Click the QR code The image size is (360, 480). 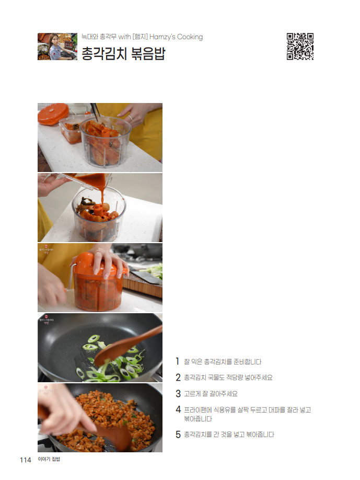pyautogui.click(x=300, y=46)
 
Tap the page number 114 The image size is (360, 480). pyautogui.click(x=26, y=460)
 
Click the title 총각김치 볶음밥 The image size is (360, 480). pyautogui.click(x=123, y=53)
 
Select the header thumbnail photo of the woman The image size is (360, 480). pyautogui.click(x=57, y=47)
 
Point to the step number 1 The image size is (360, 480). pyautogui.click(x=178, y=361)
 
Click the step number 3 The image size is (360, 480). pyautogui.click(x=178, y=393)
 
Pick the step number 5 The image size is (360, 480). pyautogui.click(x=178, y=434)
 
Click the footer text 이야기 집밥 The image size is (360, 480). pyautogui.click(x=49, y=459)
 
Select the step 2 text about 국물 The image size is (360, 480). pyautogui.click(x=228, y=378)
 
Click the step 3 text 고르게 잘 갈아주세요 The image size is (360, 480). pyautogui.click(x=211, y=394)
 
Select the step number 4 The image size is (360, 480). pyautogui.click(x=178, y=409)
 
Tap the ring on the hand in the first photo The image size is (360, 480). pyautogui.click(x=130, y=118)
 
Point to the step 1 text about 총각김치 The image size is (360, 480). pyautogui.click(x=223, y=361)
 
